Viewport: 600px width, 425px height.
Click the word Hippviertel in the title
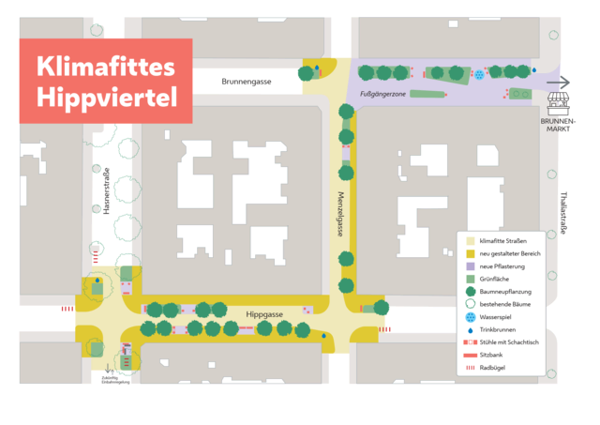(105, 96)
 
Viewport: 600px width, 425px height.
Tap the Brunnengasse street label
(247, 82)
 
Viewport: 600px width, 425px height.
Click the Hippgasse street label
(264, 315)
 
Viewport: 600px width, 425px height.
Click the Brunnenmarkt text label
(561, 126)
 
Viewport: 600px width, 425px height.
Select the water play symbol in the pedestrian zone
(479, 73)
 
